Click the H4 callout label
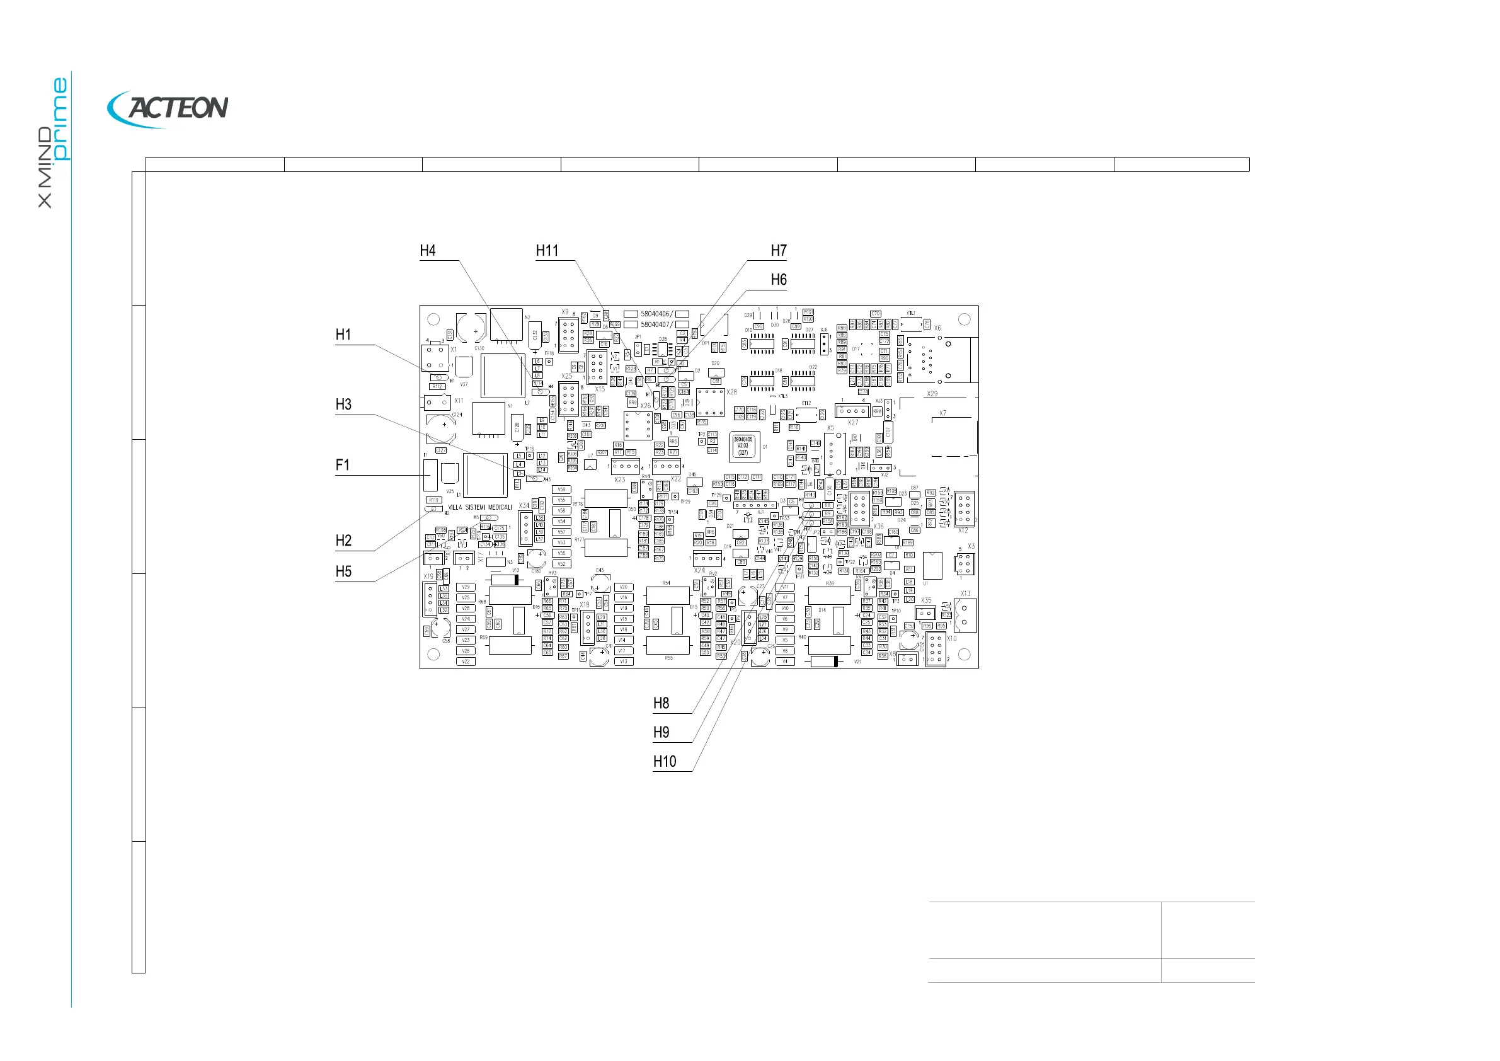(x=428, y=251)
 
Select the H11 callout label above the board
(x=547, y=251)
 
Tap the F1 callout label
(x=342, y=465)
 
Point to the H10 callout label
(x=665, y=762)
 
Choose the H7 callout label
(x=778, y=251)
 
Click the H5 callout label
(x=343, y=571)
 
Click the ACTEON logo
(x=168, y=108)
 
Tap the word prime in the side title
(x=60, y=119)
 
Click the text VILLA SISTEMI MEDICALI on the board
(x=480, y=508)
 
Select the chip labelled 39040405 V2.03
(x=743, y=446)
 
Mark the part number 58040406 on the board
(x=655, y=314)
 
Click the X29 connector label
(x=932, y=394)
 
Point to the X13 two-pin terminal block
(x=965, y=616)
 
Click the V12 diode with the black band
(x=505, y=580)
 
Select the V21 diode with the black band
(x=825, y=662)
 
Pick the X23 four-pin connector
(x=625, y=466)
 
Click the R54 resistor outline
(x=667, y=595)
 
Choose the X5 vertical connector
(x=833, y=453)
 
